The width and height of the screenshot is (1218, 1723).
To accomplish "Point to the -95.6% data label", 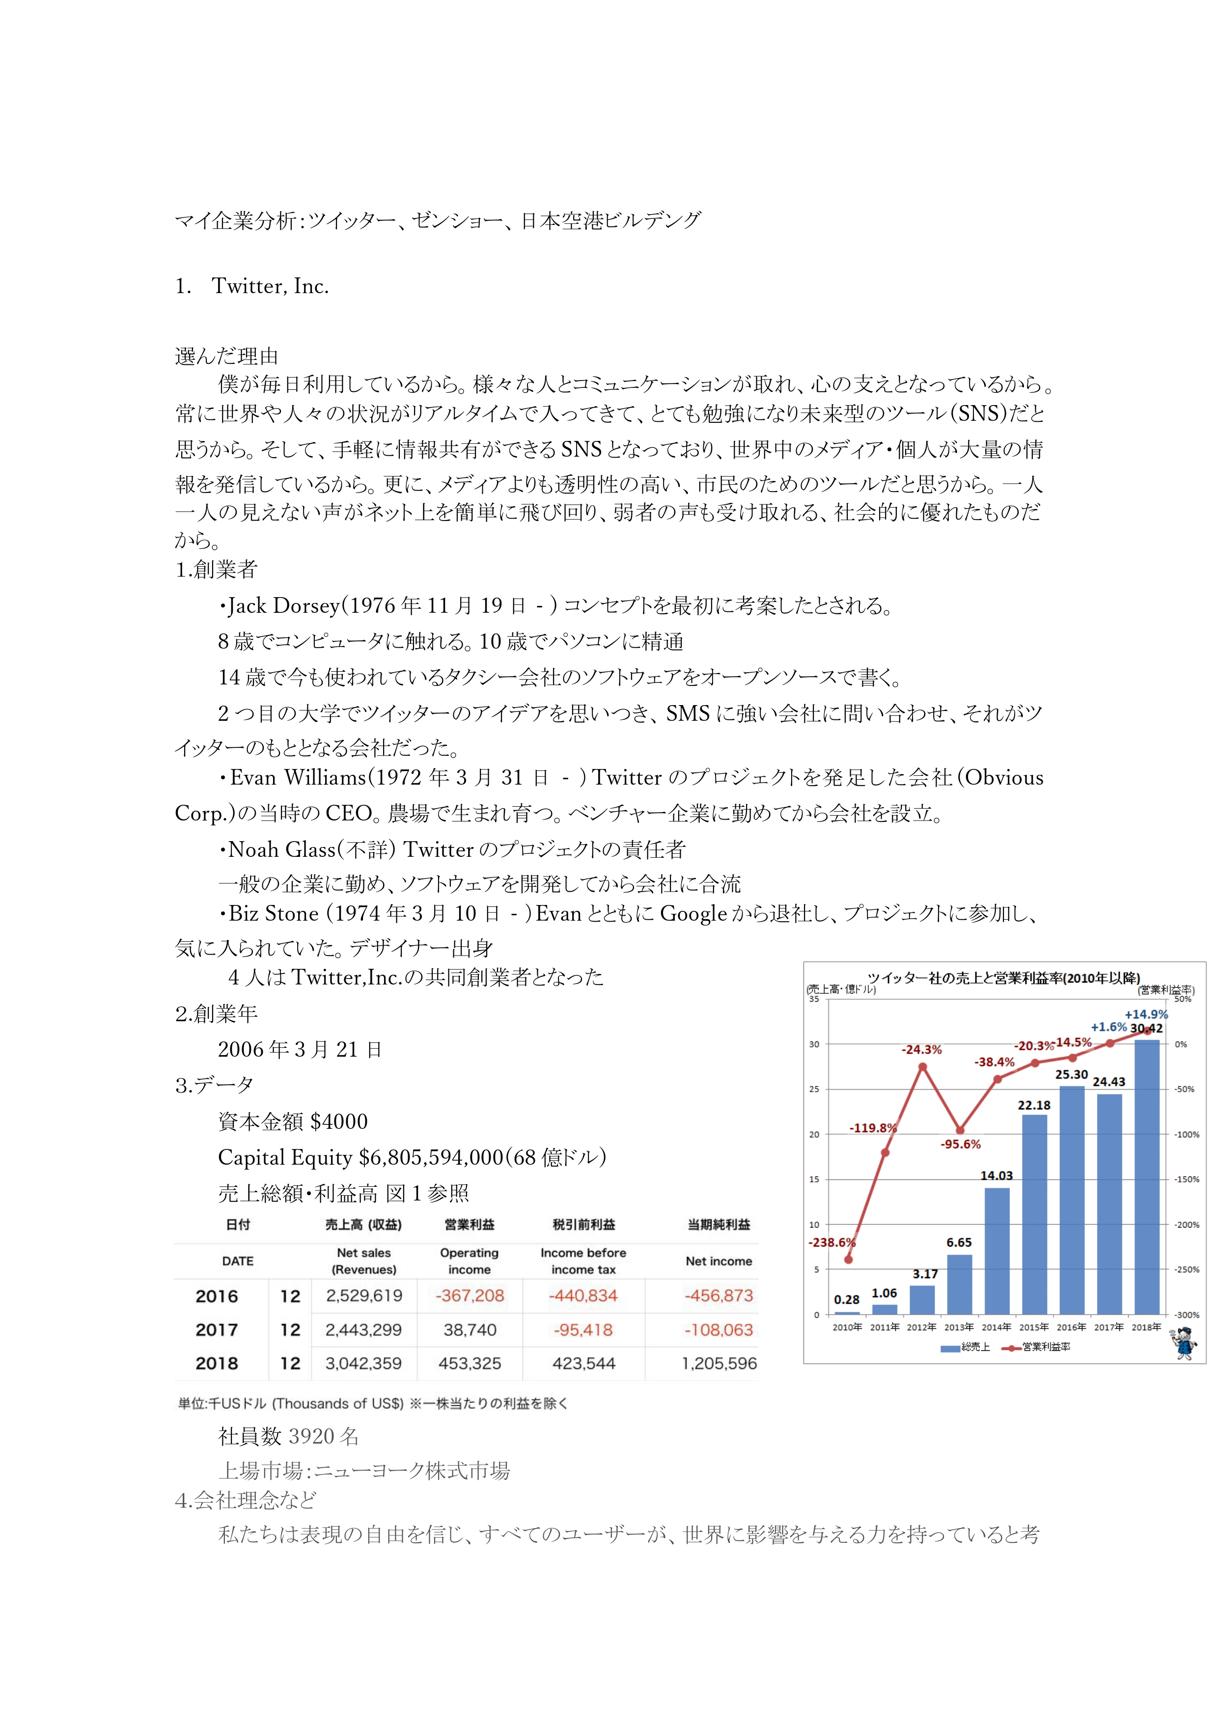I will [x=961, y=1145].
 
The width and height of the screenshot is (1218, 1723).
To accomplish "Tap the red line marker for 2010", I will [x=848, y=1260].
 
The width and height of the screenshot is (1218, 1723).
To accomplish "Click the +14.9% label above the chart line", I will [x=1146, y=1014].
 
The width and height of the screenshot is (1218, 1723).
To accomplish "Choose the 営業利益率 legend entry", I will [x=1037, y=1347].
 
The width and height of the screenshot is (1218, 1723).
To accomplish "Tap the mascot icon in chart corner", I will [x=1186, y=1344].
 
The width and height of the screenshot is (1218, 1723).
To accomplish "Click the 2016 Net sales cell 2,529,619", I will [x=364, y=1296].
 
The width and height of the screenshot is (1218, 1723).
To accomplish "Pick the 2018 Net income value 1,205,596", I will [x=719, y=1364].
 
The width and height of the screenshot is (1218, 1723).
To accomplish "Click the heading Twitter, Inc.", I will [x=270, y=287].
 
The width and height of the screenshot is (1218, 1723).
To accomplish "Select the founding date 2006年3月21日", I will [x=300, y=1050].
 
